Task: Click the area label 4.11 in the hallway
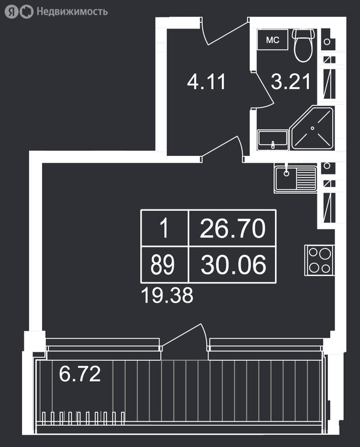point(207,82)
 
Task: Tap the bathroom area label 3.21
point(291,81)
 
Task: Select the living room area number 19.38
point(167,295)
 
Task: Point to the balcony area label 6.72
point(80,374)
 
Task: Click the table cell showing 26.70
point(232,228)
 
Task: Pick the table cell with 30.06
point(232,265)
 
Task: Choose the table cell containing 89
point(164,265)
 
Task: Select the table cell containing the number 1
point(164,228)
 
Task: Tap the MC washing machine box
point(273,40)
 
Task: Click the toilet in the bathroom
point(304,45)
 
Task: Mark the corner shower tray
point(312,128)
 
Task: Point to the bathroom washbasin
point(273,140)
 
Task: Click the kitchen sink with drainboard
point(295,179)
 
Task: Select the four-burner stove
point(319,260)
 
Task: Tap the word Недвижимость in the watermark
point(72,12)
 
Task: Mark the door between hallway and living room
point(223,147)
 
